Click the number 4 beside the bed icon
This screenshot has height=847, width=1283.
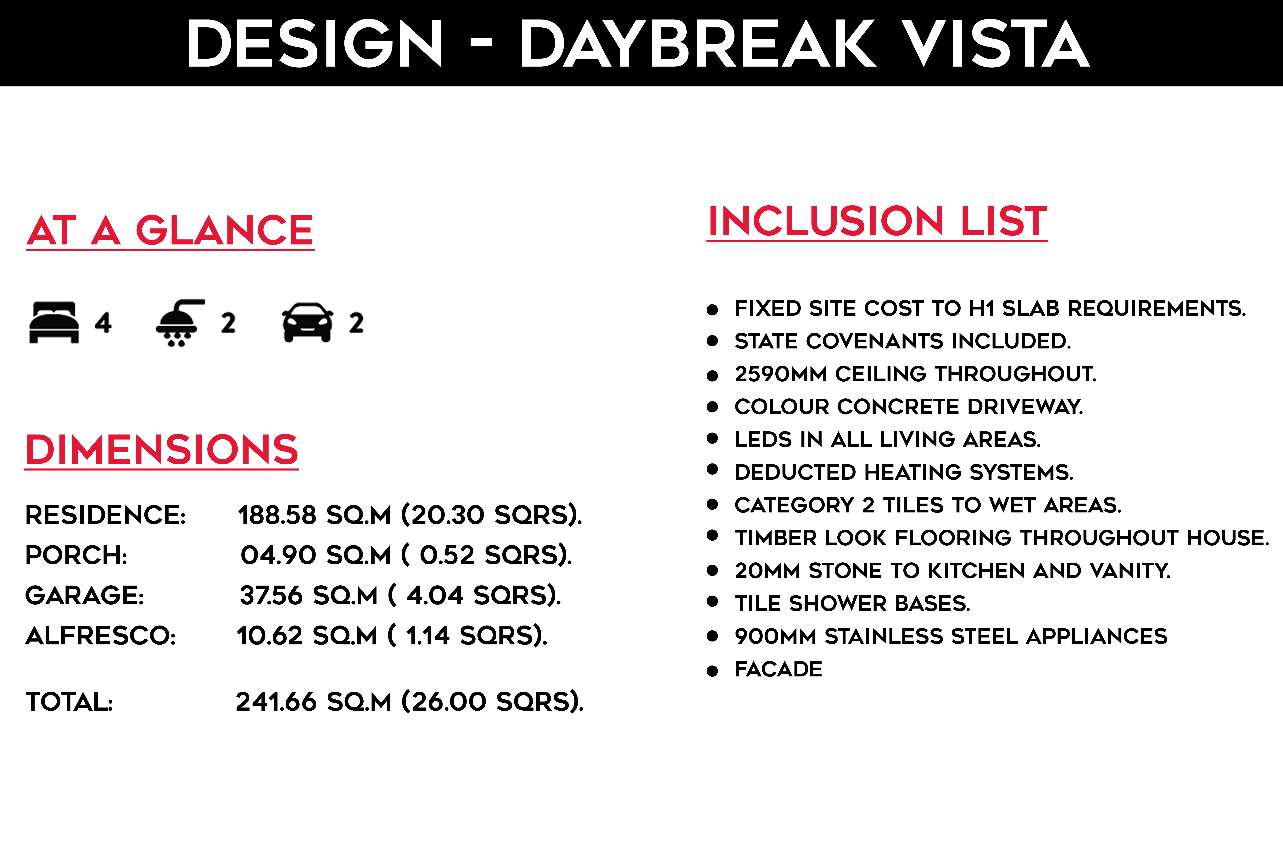pyautogui.click(x=103, y=322)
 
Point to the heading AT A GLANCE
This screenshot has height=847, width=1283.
pyautogui.click(x=170, y=231)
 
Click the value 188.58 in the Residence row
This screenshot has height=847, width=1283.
pyautogui.click(x=277, y=515)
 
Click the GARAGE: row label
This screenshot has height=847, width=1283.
pyautogui.click(x=85, y=595)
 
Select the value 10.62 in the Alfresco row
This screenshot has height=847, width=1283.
pyautogui.click(x=269, y=636)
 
